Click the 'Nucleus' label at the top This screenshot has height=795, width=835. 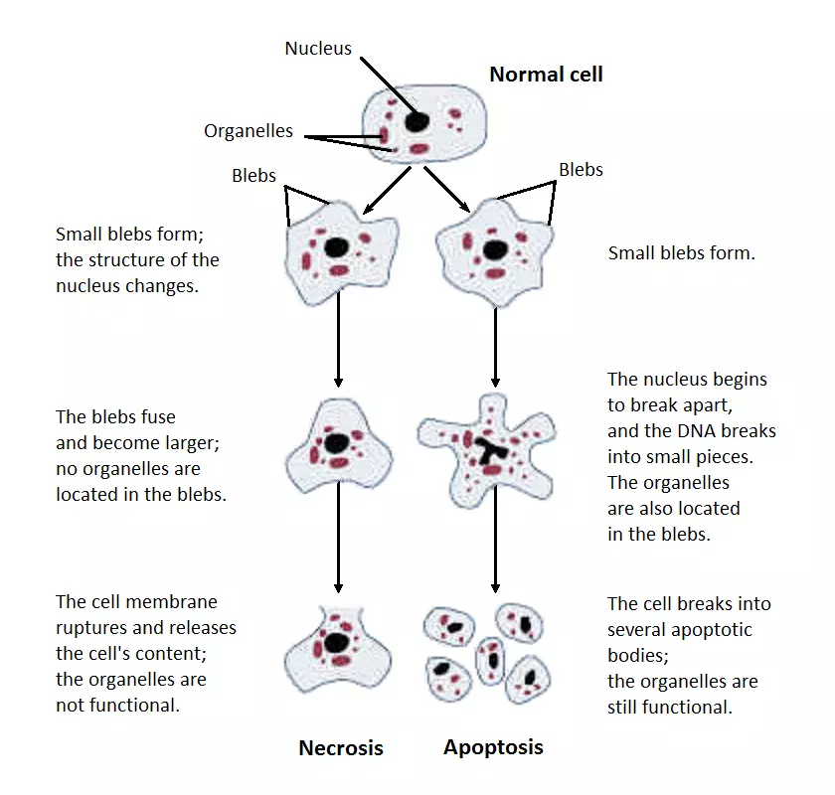317,48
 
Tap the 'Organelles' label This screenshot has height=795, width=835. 249,131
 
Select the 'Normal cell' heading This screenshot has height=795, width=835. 546,75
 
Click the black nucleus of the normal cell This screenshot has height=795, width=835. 417,122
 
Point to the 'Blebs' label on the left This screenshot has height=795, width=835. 253,175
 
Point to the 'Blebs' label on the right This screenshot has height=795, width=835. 581,169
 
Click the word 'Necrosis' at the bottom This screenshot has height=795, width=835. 341,748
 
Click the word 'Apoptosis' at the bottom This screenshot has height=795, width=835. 493,747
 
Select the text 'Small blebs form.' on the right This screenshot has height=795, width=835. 681,253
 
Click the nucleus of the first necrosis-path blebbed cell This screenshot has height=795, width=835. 338,247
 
